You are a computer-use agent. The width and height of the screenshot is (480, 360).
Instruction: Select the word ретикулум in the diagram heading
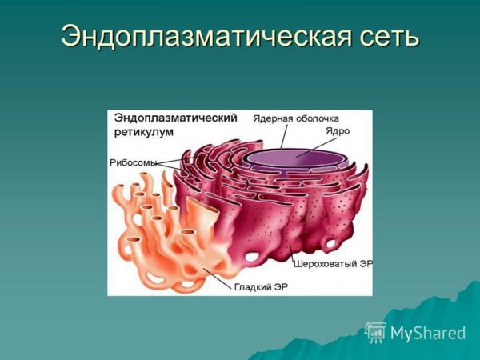tap(142, 130)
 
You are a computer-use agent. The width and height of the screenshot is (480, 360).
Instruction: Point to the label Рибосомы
tap(132, 162)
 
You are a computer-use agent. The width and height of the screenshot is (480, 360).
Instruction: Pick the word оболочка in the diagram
tap(322, 118)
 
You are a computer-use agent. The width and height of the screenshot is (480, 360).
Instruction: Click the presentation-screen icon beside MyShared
tap(375, 332)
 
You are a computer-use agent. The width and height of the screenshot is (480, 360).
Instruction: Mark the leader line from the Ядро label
tap(314, 144)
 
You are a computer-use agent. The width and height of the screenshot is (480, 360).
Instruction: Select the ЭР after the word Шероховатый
tap(364, 262)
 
